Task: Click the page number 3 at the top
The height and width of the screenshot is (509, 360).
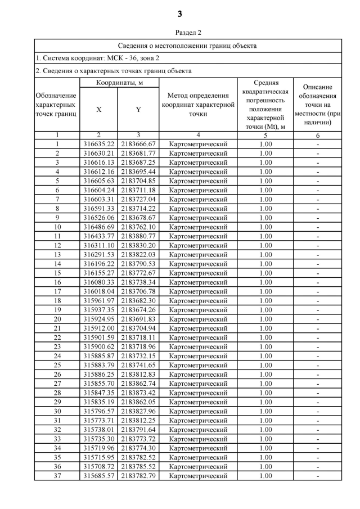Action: (x=180, y=13)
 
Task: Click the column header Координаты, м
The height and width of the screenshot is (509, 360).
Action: (x=119, y=83)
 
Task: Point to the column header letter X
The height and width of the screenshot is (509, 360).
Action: (x=99, y=110)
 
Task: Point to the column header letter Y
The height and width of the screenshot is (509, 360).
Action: (x=138, y=110)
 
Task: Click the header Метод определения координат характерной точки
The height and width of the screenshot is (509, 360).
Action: (x=198, y=105)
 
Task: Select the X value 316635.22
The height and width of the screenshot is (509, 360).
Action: (x=99, y=144)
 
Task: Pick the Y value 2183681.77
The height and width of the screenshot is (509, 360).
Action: (x=138, y=153)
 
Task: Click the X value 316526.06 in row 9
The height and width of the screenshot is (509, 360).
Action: (x=99, y=218)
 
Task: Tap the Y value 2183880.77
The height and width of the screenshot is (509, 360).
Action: (x=138, y=236)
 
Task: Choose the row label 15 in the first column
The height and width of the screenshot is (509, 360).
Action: (x=57, y=273)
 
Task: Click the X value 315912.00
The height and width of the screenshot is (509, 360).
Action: (x=99, y=328)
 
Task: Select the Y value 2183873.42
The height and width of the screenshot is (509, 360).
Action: (x=138, y=393)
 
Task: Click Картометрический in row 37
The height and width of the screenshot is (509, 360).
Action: (x=198, y=476)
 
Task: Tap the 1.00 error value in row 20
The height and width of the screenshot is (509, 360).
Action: (x=265, y=319)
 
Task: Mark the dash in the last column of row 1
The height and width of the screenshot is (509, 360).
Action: (x=318, y=144)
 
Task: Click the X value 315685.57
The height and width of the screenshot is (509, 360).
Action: (x=99, y=476)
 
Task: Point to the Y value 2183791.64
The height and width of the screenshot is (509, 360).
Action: (x=138, y=430)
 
